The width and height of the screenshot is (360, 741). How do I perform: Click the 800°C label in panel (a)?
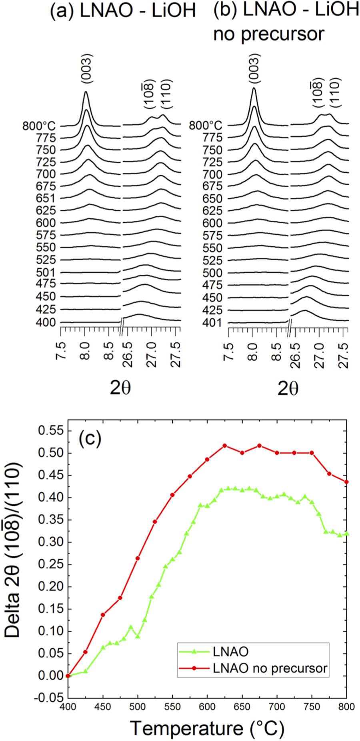[39, 126]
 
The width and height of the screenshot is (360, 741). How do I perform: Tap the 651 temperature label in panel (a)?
[46, 198]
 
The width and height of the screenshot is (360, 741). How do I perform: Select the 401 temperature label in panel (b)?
[212, 323]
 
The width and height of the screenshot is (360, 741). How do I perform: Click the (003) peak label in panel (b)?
[254, 68]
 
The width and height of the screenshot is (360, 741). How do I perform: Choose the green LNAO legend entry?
[231, 651]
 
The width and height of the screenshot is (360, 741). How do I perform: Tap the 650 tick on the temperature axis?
[242, 707]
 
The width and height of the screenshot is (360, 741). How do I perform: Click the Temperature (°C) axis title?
[207, 728]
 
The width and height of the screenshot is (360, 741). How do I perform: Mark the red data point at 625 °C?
[225, 445]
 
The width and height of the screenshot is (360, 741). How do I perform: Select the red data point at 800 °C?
[346, 482]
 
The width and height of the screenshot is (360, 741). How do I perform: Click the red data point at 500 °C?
[138, 558]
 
